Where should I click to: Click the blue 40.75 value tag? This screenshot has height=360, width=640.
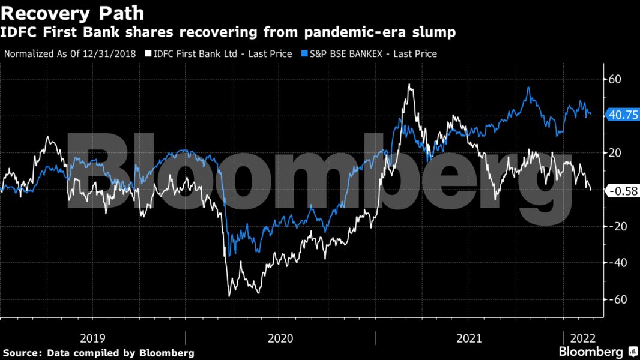(x=621, y=116)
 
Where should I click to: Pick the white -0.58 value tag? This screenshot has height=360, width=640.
(x=621, y=191)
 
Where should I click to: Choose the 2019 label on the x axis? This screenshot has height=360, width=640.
(x=92, y=338)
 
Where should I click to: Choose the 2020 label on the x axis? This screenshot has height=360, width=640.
(x=280, y=338)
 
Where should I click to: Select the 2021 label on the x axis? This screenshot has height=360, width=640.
(x=469, y=338)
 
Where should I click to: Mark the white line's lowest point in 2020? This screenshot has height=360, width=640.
(x=229, y=296)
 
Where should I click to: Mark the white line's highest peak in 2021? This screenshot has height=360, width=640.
(x=410, y=85)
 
